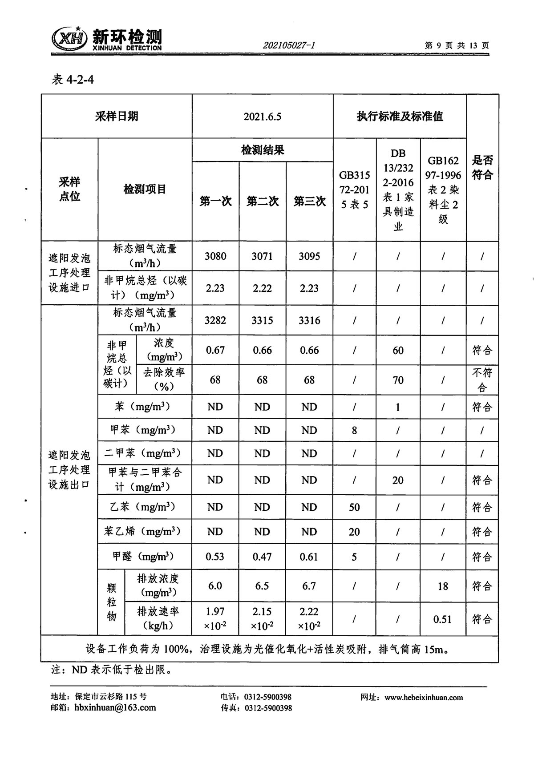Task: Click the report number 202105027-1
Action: click(x=289, y=45)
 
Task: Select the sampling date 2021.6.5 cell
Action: click(x=263, y=117)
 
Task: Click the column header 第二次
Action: click(x=263, y=201)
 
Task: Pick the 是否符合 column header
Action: click(x=482, y=167)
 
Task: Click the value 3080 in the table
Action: click(x=215, y=256)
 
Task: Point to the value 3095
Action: click(x=309, y=256)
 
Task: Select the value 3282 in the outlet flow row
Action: click(x=215, y=320)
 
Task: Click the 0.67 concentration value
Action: click(x=215, y=350)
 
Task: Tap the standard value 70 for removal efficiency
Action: click(x=398, y=380)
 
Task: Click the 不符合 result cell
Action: click(x=482, y=380)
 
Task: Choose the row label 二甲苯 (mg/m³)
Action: click(x=143, y=453)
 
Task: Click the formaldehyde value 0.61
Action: click(x=309, y=557)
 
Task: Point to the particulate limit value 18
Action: click(x=442, y=586)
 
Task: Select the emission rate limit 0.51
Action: click(x=442, y=619)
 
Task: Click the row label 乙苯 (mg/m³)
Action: click(x=143, y=507)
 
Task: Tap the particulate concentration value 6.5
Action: click(x=262, y=586)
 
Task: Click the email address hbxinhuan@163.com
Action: click(x=115, y=708)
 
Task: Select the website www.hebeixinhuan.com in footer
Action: click(x=424, y=698)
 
